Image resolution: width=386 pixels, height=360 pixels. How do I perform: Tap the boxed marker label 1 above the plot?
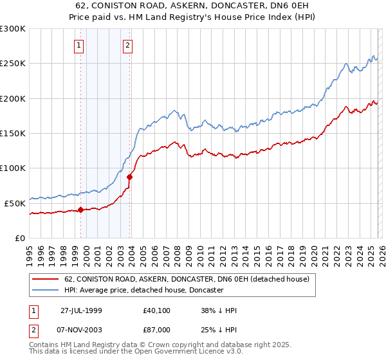[78, 45]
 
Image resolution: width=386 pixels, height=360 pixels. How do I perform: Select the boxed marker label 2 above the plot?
[128, 45]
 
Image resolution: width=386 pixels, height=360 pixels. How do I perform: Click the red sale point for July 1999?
[81, 210]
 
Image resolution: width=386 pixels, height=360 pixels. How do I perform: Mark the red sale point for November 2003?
[130, 177]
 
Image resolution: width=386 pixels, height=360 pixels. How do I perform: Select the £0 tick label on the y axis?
[20, 237]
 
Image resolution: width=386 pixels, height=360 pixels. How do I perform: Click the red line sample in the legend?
[46, 280]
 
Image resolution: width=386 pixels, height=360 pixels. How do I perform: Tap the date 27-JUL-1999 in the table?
[82, 310]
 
